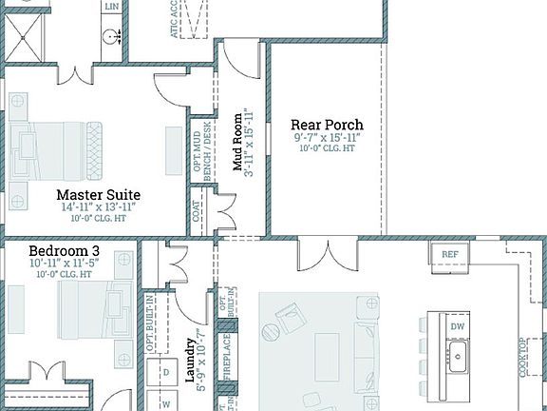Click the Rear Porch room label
click(327, 125)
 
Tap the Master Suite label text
click(97, 196)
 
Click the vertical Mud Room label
click(239, 143)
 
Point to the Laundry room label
click(189, 353)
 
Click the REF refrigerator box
click(449, 254)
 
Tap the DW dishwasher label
click(459, 327)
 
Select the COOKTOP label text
click(523, 357)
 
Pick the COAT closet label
click(197, 215)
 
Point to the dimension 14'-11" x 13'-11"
click(97, 207)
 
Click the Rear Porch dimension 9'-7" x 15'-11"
click(327, 138)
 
